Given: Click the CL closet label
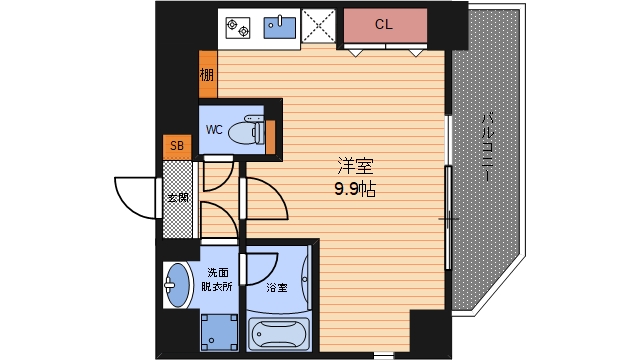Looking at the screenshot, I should (384, 24).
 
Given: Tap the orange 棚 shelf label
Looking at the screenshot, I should (206, 74).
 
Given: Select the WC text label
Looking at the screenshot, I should (214, 130).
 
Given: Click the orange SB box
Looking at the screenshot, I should (177, 147).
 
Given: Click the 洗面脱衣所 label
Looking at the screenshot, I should (219, 279).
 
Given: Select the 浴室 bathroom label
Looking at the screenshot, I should (277, 288).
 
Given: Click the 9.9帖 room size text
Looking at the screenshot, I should (354, 190).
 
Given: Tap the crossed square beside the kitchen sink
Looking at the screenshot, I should (320, 28).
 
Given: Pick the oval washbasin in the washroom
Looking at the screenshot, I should (178, 287).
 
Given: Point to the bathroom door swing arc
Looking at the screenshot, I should (262, 268).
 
